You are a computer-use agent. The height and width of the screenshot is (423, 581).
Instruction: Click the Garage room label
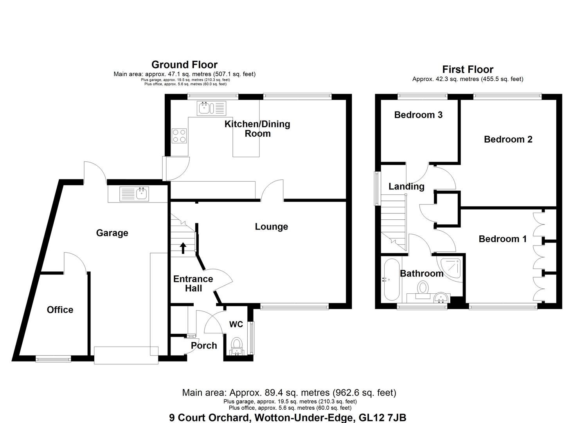coord(112,233)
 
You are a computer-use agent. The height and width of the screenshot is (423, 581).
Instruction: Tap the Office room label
coord(60,309)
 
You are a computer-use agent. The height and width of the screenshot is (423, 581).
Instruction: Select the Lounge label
coord(271,227)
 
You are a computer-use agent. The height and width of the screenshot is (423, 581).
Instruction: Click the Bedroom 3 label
coord(418,115)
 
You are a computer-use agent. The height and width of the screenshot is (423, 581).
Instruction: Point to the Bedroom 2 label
coord(508,139)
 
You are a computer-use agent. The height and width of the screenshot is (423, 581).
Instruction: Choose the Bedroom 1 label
coord(502,239)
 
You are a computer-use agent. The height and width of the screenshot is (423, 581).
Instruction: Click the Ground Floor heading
coord(184,64)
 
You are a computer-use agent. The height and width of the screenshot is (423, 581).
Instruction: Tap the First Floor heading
coord(468,69)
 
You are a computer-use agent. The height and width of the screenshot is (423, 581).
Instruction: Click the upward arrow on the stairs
coord(183,248)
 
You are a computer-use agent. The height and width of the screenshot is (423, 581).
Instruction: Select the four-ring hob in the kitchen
coord(179,136)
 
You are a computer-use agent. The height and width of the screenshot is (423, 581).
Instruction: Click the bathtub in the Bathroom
coord(391,279)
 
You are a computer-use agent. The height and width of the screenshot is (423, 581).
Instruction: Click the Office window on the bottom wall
coord(53,359)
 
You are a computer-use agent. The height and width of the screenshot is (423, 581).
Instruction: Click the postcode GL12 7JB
coord(382,418)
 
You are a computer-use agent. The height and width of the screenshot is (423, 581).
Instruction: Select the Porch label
coord(204,345)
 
